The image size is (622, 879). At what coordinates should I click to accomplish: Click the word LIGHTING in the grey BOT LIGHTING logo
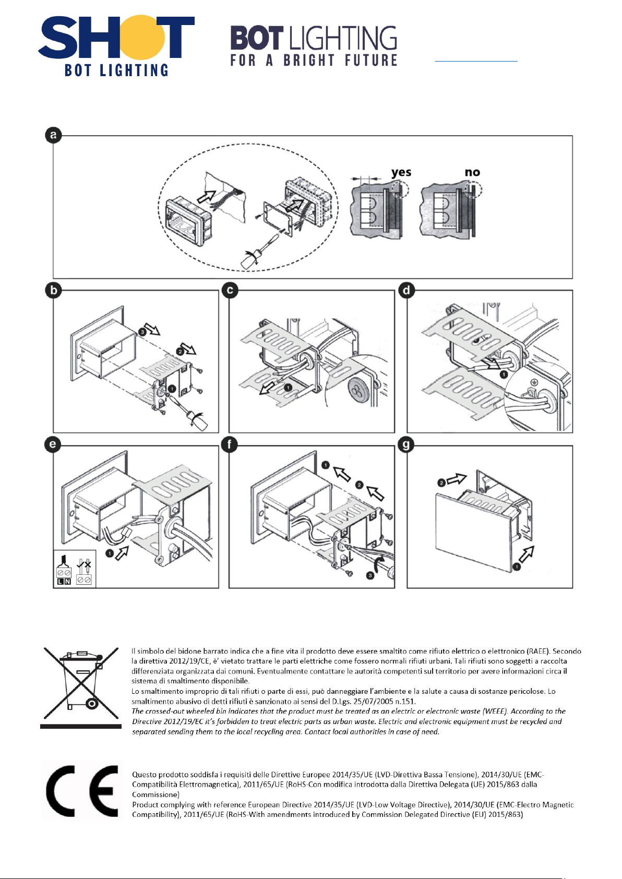(x=343, y=39)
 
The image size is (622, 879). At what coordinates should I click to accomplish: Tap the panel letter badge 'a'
(x=53, y=136)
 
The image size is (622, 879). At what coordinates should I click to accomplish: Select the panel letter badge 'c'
(x=230, y=290)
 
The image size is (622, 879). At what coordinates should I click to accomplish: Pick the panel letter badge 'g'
(x=406, y=445)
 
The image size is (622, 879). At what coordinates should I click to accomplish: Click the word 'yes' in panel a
(x=401, y=172)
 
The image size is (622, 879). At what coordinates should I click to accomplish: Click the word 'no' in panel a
(x=472, y=172)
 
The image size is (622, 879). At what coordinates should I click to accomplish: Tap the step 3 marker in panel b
(x=142, y=331)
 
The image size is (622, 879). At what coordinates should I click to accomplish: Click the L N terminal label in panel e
(x=64, y=581)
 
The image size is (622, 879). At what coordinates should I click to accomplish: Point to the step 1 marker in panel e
(x=110, y=553)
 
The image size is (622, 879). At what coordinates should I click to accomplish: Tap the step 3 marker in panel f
(x=370, y=575)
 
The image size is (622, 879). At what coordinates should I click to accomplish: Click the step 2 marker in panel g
(x=441, y=483)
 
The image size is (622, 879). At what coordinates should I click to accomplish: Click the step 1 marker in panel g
(x=516, y=566)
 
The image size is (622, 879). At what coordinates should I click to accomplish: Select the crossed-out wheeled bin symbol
(x=80, y=683)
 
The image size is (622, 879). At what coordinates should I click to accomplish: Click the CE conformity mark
(x=82, y=791)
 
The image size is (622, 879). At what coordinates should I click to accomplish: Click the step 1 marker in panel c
(x=288, y=388)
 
